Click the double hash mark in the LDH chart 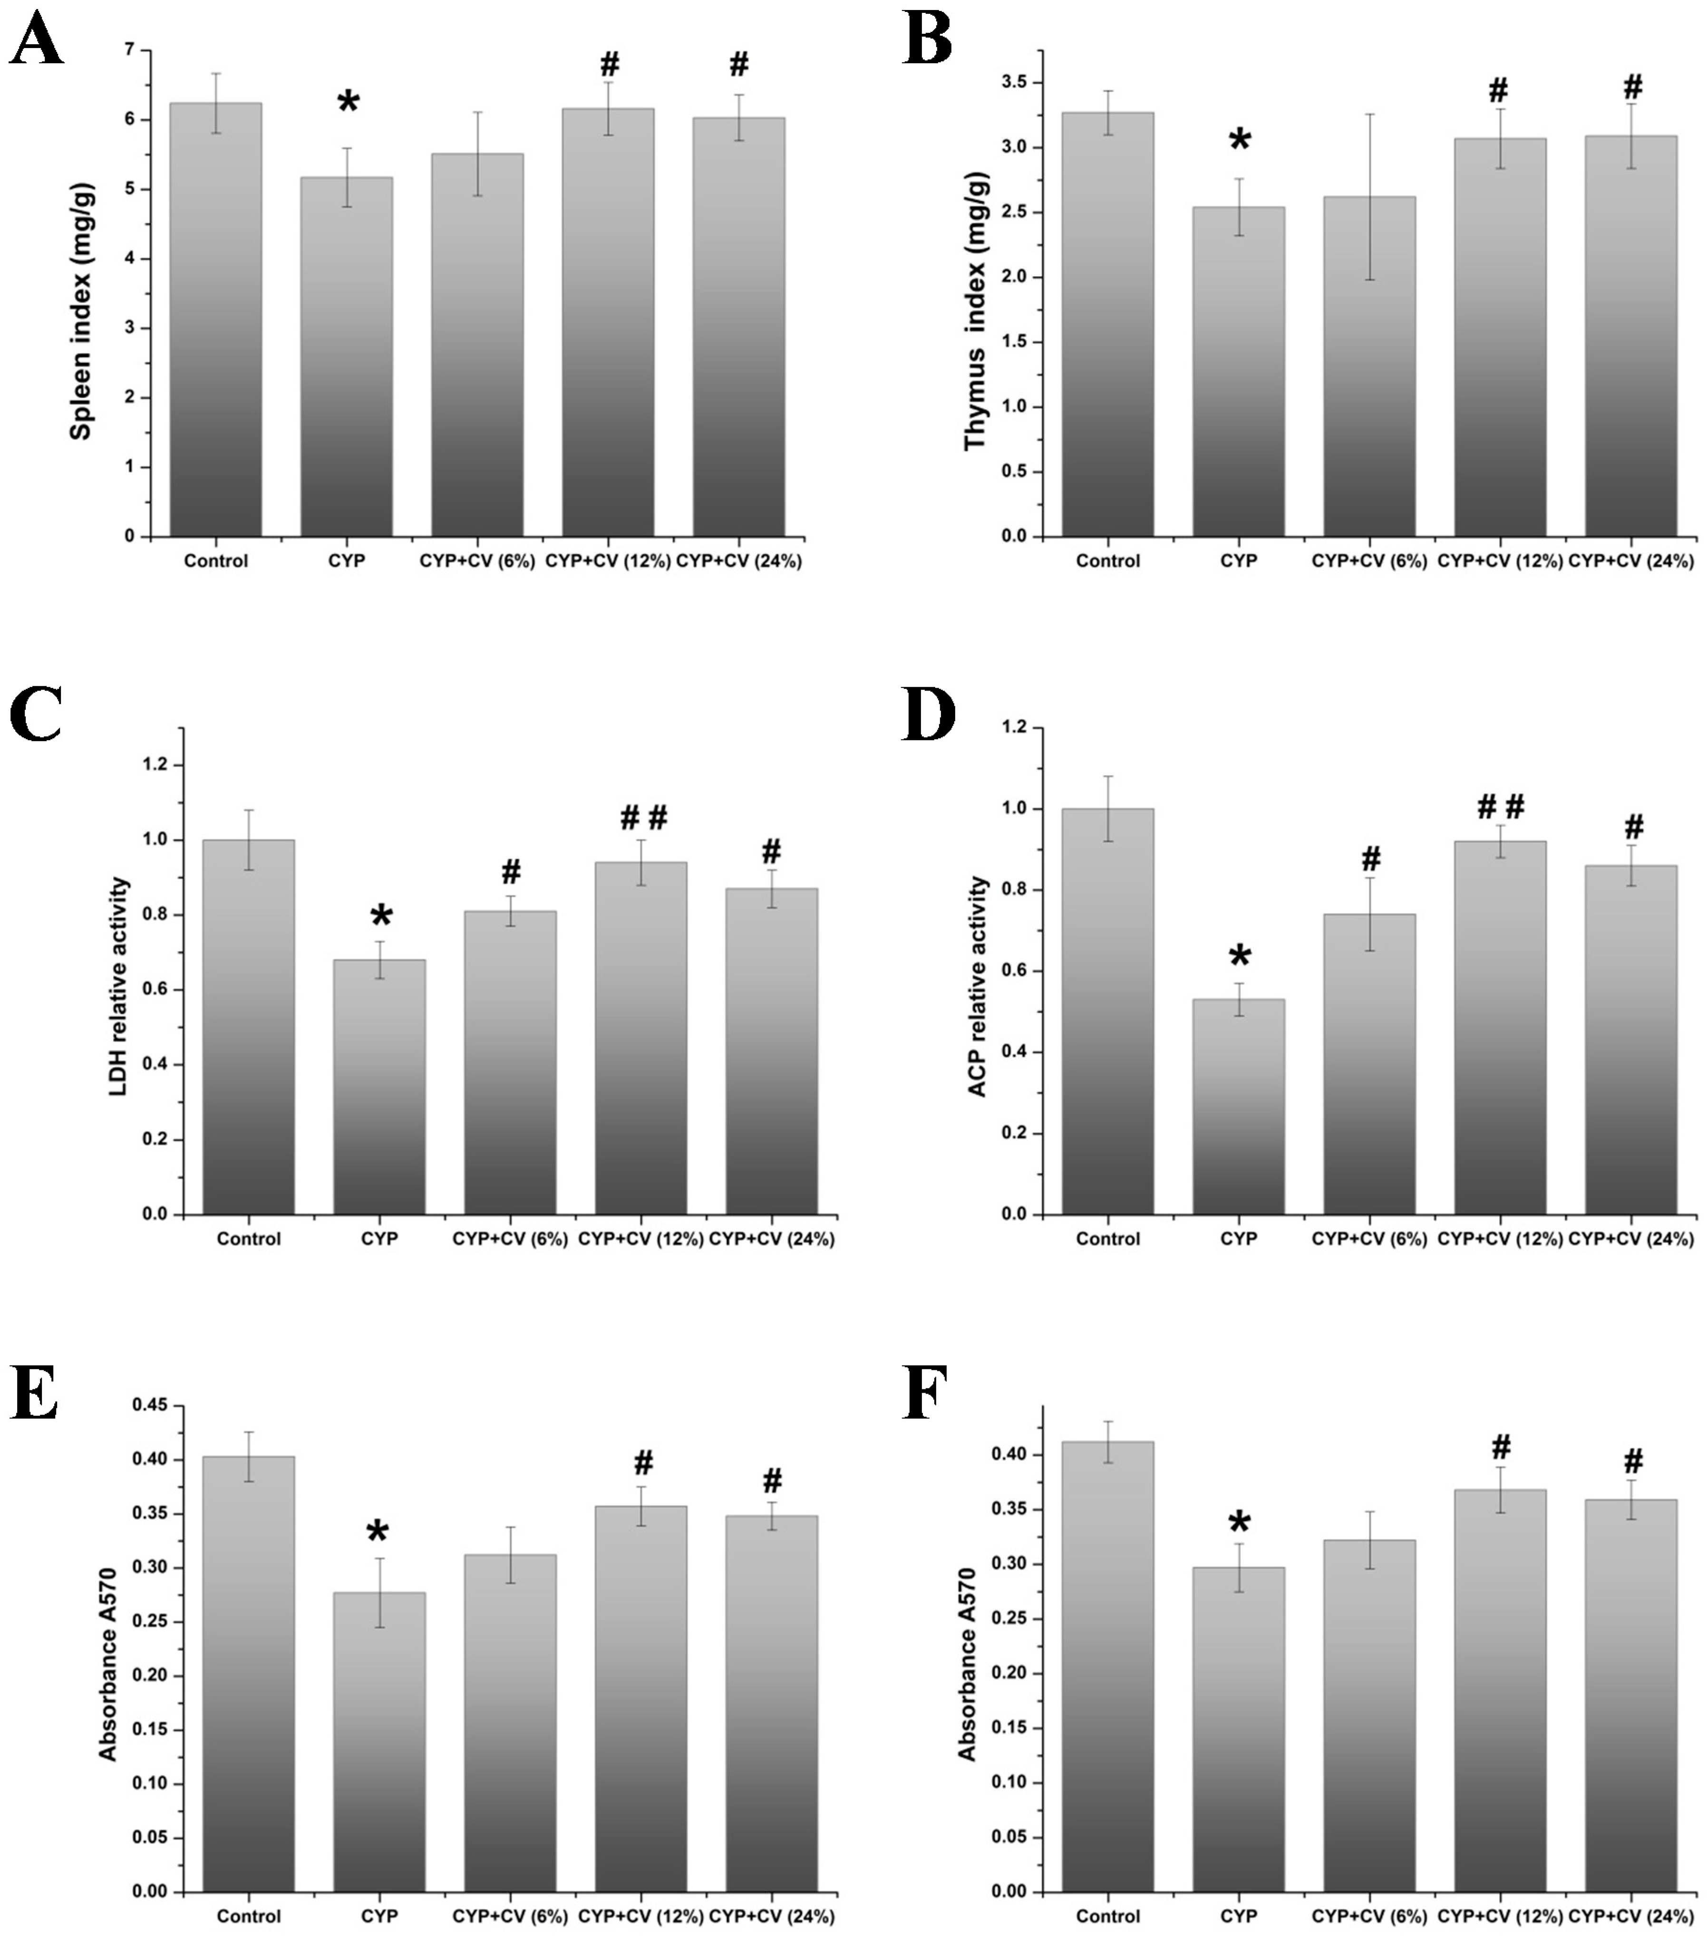click(x=643, y=817)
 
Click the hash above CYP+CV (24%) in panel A click(x=738, y=65)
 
